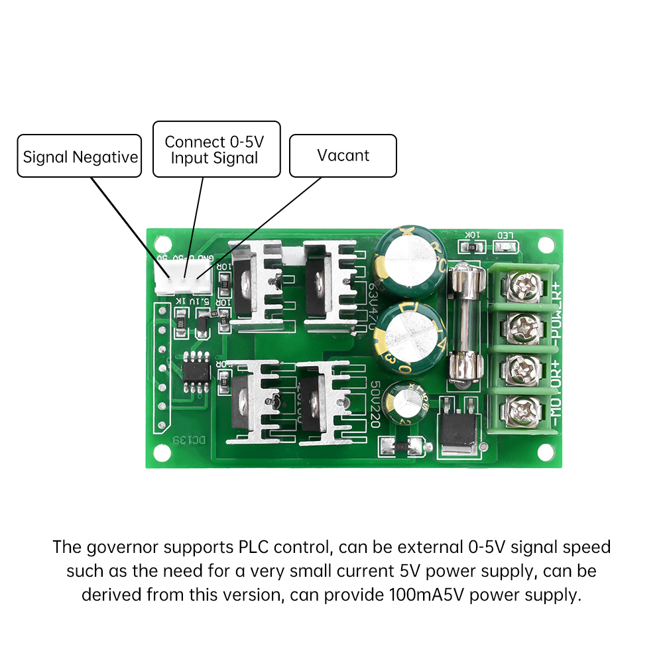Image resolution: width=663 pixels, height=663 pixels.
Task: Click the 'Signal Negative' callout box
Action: tap(79, 156)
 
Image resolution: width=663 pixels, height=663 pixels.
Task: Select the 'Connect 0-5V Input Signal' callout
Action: tap(216, 149)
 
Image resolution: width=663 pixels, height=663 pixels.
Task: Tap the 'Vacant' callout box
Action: tap(343, 156)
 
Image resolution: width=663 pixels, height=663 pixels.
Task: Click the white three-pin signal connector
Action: tap(184, 278)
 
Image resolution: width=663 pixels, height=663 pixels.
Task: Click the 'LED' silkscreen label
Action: tap(505, 235)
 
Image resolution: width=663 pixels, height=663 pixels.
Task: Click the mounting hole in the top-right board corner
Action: tap(545, 244)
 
